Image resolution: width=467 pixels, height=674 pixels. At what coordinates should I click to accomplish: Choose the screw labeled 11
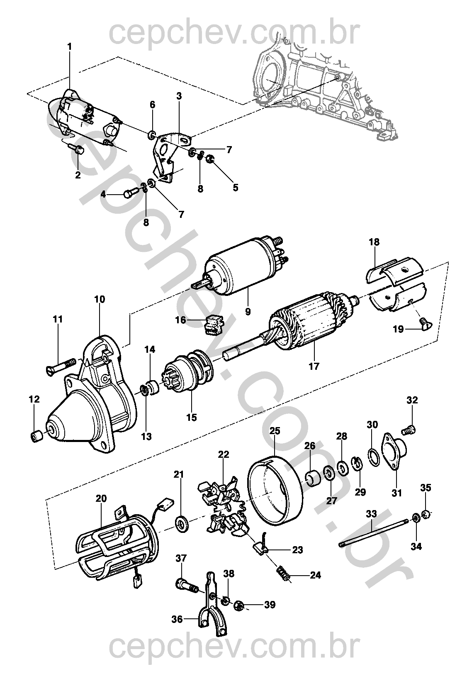pos(60,365)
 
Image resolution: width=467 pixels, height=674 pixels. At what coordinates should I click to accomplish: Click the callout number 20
pos(101,498)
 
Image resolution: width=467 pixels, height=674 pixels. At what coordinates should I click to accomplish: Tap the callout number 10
pos(100,299)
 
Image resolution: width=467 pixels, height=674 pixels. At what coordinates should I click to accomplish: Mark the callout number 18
pos(374,242)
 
